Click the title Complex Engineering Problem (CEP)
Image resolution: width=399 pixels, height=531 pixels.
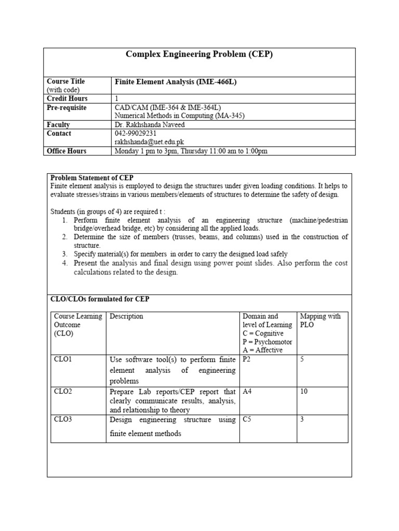coord(199,55)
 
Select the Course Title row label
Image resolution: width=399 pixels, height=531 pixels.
coord(66,81)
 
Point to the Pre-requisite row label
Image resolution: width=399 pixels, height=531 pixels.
coord(66,107)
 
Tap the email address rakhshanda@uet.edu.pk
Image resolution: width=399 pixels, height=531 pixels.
coord(149,142)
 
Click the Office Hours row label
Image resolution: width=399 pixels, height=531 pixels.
coord(66,151)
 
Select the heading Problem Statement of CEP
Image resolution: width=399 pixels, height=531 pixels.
coord(92,178)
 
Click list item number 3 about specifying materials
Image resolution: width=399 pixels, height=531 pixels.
coord(180,254)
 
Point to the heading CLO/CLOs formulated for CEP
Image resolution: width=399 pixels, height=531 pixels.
coord(100,299)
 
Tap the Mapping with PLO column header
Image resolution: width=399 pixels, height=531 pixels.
coord(320,320)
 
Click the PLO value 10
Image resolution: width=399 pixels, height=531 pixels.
coord(304,392)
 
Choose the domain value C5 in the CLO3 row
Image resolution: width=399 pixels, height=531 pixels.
coord(247,420)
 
